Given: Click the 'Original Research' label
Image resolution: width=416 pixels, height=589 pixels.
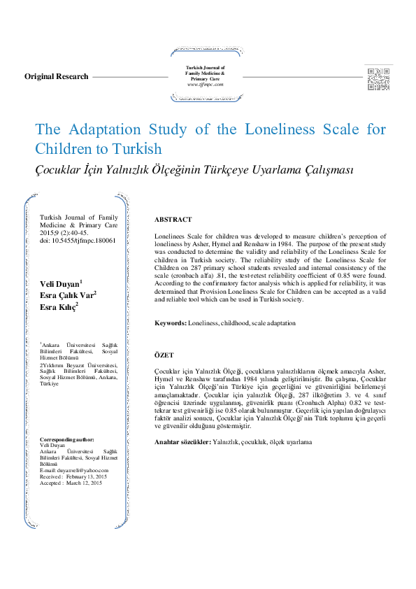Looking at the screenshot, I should tap(57, 76).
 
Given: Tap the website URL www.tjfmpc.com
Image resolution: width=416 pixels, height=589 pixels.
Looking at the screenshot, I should tap(205, 84).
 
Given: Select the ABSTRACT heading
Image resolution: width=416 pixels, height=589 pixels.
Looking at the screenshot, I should tap(173, 220).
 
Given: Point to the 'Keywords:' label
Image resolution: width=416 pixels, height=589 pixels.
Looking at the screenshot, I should tap(170, 324).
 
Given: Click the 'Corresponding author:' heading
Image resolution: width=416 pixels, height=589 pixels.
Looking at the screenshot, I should tap(72, 439).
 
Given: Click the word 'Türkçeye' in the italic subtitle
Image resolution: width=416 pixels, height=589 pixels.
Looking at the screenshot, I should tap(219, 170).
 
